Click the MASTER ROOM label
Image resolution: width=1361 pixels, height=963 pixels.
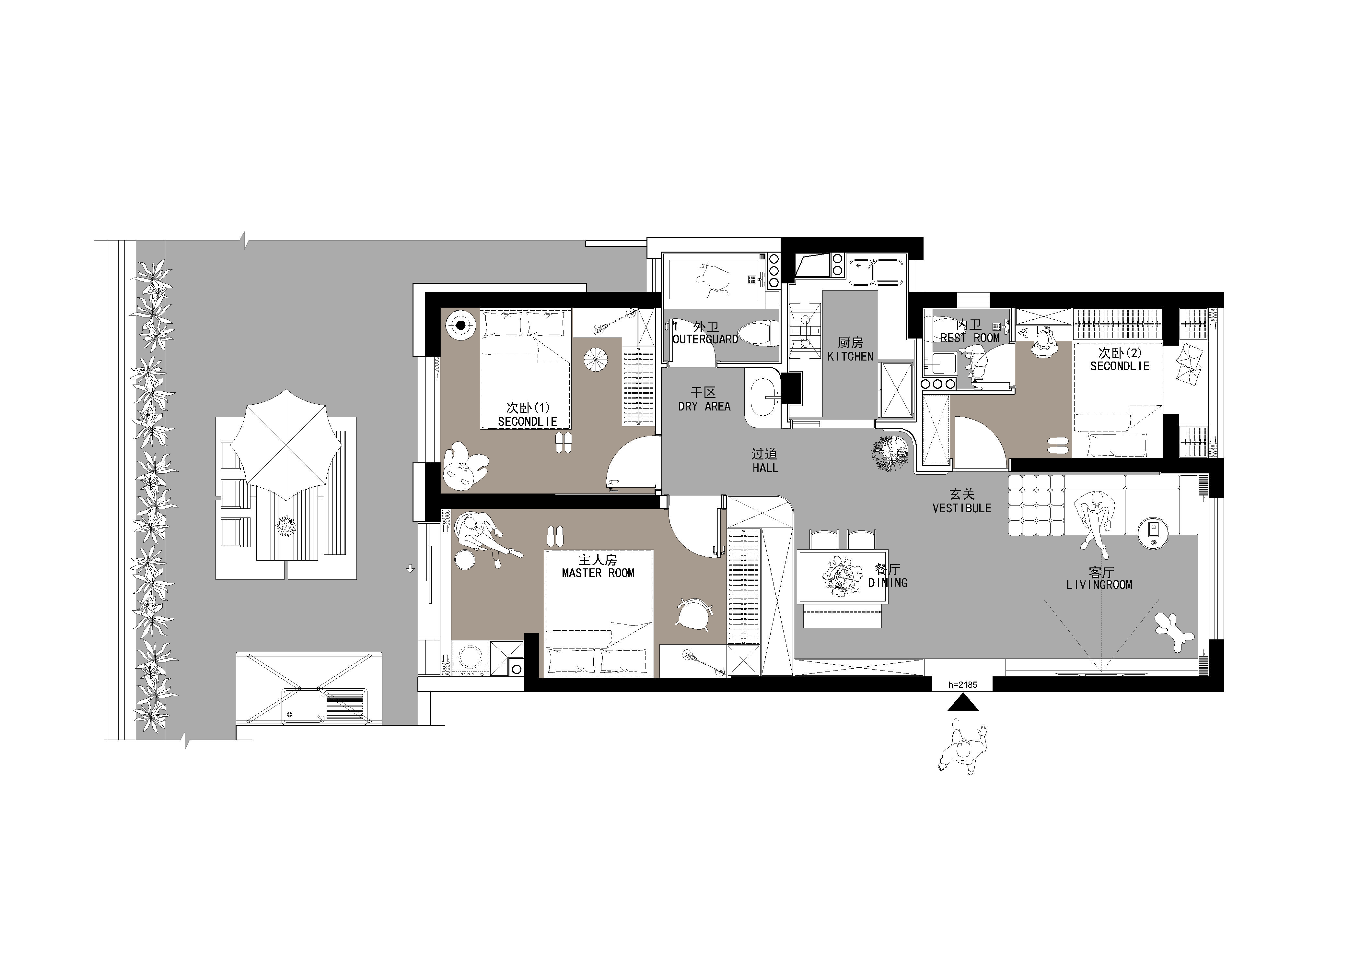tap(598, 573)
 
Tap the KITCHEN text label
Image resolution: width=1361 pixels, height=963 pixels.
tap(851, 356)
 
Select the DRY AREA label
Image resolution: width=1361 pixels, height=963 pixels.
tap(704, 406)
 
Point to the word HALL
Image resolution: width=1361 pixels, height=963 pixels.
tap(765, 468)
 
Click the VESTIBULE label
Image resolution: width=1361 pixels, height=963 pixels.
tap(961, 508)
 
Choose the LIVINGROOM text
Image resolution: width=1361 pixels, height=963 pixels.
tap(1099, 585)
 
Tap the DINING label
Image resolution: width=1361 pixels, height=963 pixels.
tap(888, 583)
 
